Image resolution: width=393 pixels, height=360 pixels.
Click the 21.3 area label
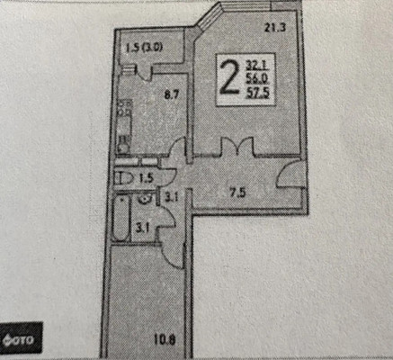tap(275, 28)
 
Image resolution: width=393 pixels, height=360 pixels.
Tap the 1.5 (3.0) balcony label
tap(144, 48)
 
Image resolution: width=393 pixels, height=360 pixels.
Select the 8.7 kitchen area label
tap(172, 95)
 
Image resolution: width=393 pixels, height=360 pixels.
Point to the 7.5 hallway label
tap(237, 193)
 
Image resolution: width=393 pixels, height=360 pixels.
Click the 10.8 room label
tap(165, 340)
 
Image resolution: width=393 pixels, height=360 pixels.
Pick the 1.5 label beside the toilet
tap(146, 178)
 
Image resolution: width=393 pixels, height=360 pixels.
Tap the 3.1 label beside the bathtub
tap(142, 229)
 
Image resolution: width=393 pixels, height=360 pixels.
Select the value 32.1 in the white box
tap(258, 66)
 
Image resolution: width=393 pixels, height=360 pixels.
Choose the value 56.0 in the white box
tap(258, 79)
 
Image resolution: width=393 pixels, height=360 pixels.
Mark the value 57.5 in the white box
tap(258, 93)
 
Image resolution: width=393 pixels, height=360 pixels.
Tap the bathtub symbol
tap(121, 219)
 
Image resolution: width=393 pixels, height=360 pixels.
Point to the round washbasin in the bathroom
tap(146, 198)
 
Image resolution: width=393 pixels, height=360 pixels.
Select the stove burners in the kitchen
tap(125, 108)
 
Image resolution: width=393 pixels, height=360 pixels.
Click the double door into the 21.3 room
tap(237, 147)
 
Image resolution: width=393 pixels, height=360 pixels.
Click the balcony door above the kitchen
tap(145, 72)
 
